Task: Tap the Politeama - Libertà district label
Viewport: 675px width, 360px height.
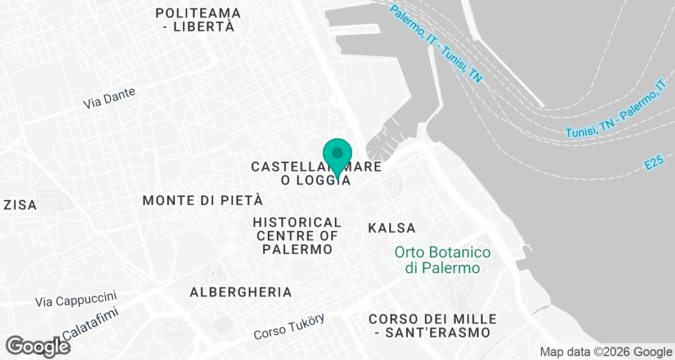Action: click(199, 20)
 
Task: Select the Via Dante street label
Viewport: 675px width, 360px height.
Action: click(109, 98)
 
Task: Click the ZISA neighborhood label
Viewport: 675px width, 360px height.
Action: click(20, 205)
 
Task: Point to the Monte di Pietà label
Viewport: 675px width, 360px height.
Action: click(203, 200)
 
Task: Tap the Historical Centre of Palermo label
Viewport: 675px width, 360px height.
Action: click(297, 236)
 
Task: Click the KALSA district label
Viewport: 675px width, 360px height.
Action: click(391, 228)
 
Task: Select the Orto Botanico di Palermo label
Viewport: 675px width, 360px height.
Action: click(442, 260)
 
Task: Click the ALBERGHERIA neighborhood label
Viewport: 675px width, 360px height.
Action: click(241, 292)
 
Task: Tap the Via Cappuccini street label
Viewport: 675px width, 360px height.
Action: click(75, 299)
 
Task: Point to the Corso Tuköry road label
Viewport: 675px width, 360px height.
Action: click(289, 327)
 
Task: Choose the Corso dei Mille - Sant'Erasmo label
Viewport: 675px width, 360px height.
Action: click(433, 326)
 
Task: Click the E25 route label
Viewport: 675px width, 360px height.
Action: click(655, 164)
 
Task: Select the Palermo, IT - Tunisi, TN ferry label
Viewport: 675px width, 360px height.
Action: click(436, 43)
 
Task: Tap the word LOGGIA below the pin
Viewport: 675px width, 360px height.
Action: click(325, 181)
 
